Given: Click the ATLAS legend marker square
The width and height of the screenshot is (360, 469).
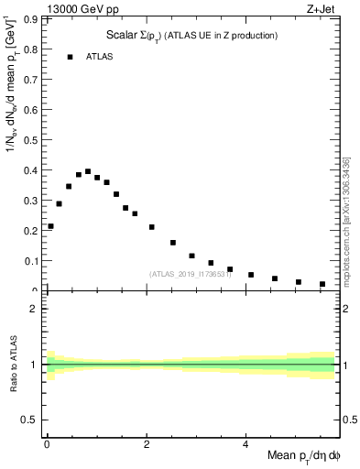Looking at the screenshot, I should pos(70,57).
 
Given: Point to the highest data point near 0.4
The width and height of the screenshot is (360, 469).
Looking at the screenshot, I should pos(88,171).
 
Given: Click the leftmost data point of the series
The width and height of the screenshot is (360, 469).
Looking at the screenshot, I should pos(50,226).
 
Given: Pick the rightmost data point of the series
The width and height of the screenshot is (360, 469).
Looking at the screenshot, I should pos(322,284).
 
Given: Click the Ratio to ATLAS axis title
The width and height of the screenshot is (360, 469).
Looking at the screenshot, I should pos(14,365).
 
